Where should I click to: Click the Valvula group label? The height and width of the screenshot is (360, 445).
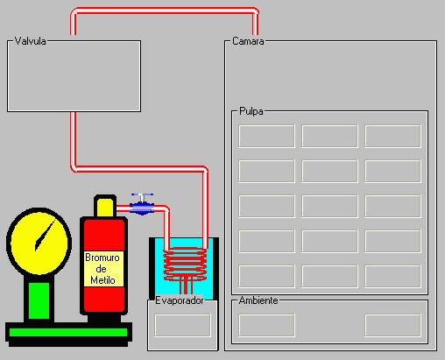[30, 41]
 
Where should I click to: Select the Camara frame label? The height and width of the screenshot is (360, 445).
[248, 41]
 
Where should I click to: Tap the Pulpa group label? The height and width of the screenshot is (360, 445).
[251, 111]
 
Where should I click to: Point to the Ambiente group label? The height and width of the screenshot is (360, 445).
[258, 300]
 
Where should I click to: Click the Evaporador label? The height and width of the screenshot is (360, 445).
[180, 300]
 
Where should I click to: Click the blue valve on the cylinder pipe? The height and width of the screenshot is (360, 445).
[142, 204]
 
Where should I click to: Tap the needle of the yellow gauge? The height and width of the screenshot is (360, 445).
[45, 236]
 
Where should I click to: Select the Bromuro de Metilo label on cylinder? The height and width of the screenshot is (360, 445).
[102, 269]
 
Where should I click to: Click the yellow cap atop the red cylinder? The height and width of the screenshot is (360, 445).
[105, 207]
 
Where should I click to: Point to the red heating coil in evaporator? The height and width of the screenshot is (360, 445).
[185, 265]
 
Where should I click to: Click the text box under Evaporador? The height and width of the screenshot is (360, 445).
[182, 325]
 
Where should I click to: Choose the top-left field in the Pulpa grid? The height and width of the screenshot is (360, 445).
[266, 136]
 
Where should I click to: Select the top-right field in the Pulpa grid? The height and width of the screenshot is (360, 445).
[392, 136]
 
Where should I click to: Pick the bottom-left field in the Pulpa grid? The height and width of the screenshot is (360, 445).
[266, 276]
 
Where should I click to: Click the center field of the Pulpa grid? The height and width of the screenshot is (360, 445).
[329, 206]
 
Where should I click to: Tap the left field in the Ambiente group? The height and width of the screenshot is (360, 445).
[266, 325]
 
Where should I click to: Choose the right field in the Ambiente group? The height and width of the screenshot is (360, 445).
[392, 325]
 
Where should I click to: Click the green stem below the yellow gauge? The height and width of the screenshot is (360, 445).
[39, 300]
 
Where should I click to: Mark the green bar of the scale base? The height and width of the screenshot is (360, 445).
[68, 333]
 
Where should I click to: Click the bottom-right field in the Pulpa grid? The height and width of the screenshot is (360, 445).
[392, 276]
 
